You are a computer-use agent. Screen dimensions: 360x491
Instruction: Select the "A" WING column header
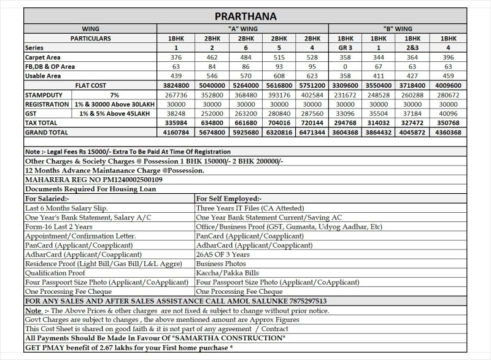pyautogui.click(x=243, y=29)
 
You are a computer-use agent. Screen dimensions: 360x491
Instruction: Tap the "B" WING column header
pyautogui.click(x=398, y=29)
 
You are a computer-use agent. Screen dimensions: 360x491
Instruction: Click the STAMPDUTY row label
pyautogui.click(x=45, y=95)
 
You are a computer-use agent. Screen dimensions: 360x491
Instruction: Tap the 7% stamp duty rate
pyautogui.click(x=115, y=95)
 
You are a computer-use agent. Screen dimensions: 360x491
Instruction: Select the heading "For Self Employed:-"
pyautogui.click(x=228, y=199)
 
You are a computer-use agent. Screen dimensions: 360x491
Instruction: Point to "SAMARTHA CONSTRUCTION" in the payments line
pyautogui.click(x=228, y=338)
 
